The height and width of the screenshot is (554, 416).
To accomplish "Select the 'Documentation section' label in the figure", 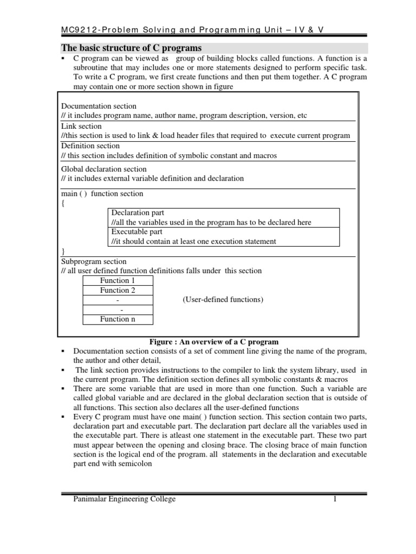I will point(99,106).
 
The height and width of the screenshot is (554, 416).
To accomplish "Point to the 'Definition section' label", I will point(90,146).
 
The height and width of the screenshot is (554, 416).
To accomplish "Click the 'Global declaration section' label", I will point(104,169).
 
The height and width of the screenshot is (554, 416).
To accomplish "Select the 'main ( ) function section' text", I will point(102,193).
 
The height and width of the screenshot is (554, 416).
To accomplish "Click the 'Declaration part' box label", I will point(138,213).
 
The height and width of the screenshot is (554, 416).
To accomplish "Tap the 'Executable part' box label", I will point(136,232).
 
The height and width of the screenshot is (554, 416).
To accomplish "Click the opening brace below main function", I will point(63,203).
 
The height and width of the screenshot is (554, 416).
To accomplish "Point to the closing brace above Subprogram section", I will point(63,252).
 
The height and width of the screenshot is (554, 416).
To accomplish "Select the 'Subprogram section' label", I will point(94,261).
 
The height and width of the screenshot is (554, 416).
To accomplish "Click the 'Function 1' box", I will point(118,280).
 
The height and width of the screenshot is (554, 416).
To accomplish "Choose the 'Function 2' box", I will point(118,290).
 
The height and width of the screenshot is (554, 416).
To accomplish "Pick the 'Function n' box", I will point(118,319).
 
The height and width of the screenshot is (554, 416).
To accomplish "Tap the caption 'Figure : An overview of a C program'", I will point(213,341).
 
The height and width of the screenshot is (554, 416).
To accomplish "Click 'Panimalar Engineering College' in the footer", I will point(124,499).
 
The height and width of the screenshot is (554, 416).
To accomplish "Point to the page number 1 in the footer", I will point(335,499).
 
